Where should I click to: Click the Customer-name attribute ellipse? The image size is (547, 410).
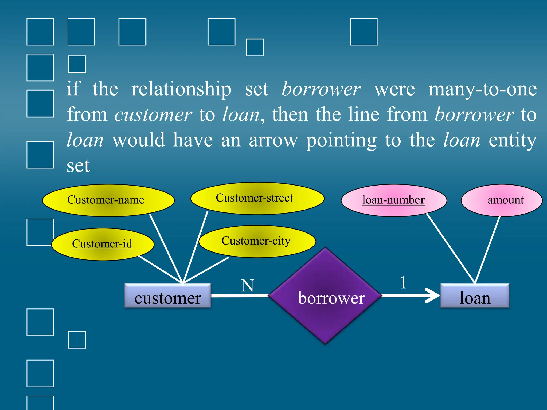(108, 200)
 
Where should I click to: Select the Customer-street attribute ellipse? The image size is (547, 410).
(257, 198)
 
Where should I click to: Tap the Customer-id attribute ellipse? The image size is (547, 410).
(103, 244)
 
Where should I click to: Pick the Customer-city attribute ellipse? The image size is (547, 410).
(257, 241)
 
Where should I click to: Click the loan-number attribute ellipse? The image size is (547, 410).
(394, 200)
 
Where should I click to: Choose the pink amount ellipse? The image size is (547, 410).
(501, 200)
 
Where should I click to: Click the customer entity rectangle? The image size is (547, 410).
(168, 296)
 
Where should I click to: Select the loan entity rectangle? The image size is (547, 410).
(475, 296)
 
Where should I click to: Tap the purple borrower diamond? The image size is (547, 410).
(325, 296)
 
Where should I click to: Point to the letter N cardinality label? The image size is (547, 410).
(248, 286)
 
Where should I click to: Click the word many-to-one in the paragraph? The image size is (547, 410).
(482, 89)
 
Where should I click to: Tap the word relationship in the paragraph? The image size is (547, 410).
(181, 89)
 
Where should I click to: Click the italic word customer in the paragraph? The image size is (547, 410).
(153, 115)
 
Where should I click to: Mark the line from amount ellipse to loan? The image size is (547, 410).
(487, 250)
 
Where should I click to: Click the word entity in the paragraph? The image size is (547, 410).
(512, 140)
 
